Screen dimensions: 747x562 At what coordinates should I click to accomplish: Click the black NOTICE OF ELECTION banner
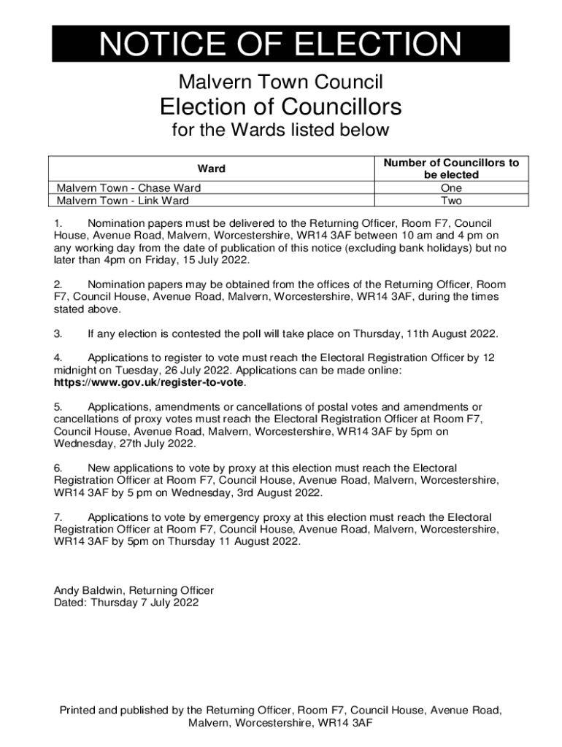coord(280,44)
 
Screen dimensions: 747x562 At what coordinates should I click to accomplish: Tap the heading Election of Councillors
coord(281,107)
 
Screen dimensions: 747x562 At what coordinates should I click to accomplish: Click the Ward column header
coord(212,169)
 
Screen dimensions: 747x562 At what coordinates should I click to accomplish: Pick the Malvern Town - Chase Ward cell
coord(128,187)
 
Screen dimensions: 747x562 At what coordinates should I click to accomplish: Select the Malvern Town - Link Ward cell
coord(123,201)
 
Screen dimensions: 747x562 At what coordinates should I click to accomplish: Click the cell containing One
coord(451,187)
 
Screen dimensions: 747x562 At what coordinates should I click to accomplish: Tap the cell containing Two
coord(451,201)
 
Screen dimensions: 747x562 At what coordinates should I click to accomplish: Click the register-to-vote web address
coord(149,382)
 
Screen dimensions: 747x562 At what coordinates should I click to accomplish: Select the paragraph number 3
coord(58,334)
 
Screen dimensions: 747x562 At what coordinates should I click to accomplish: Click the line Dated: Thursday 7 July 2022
coord(126,603)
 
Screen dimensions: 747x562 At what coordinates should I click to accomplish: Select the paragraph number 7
coord(58,516)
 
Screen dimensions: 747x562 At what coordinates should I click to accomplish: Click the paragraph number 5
coord(58,406)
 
